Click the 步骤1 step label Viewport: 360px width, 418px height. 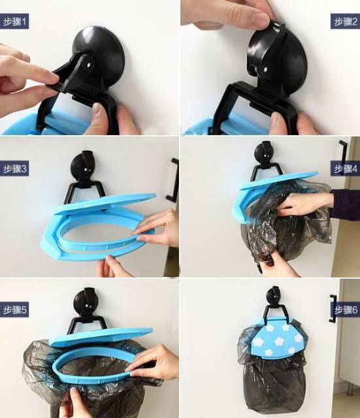click(x=14, y=22)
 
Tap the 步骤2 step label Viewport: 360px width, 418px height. click(x=346, y=22)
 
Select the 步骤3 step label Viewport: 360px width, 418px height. click(x=14, y=169)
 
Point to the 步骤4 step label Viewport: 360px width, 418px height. click(x=346, y=169)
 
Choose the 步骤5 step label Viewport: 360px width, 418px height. click(x=14, y=310)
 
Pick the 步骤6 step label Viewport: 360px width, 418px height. click(x=346, y=310)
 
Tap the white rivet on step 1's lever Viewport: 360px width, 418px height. click(x=88, y=65)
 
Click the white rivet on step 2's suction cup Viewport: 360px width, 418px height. click(x=266, y=69)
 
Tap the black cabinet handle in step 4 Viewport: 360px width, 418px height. click(x=344, y=155)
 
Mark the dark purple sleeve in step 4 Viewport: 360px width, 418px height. click(x=346, y=204)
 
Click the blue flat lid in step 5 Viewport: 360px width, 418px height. click(x=101, y=336)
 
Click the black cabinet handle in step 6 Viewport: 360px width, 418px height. click(x=333, y=308)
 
